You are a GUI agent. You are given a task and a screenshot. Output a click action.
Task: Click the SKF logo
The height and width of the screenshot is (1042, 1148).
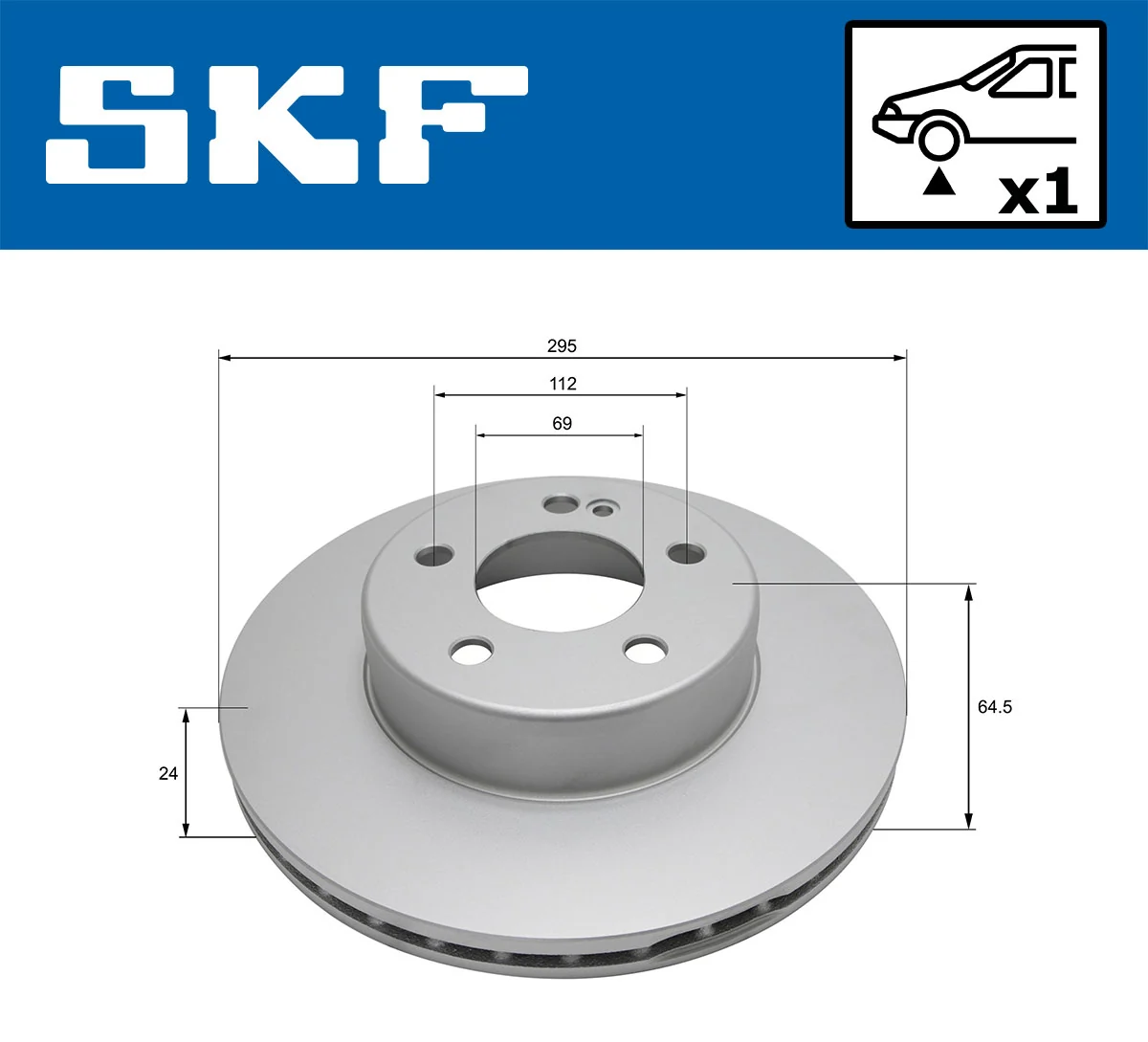[287, 124]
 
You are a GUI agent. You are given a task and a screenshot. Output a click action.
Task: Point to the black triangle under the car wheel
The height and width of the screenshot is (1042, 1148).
[938, 182]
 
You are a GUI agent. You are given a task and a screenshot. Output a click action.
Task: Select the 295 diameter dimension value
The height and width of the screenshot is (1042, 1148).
[563, 345]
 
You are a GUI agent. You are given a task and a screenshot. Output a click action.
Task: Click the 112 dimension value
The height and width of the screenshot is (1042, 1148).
[563, 384]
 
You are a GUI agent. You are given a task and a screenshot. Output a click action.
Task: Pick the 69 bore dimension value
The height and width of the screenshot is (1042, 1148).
[562, 423]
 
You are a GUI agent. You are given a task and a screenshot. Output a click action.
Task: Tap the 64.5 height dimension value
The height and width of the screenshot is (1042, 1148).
[994, 707]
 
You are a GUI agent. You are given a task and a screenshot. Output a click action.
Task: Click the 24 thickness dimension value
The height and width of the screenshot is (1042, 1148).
[168, 773]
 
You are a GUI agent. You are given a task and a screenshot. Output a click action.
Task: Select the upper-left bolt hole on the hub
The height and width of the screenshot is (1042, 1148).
[436, 555]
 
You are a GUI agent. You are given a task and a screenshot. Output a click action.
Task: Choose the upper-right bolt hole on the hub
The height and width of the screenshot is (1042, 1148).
[686, 552]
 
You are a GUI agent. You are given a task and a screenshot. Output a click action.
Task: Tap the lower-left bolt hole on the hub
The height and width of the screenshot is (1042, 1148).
[471, 652]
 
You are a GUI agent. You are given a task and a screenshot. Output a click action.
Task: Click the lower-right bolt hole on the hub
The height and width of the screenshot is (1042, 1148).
[644, 651]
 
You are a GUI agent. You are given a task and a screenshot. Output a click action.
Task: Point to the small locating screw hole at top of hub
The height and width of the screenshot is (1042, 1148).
[603, 509]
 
